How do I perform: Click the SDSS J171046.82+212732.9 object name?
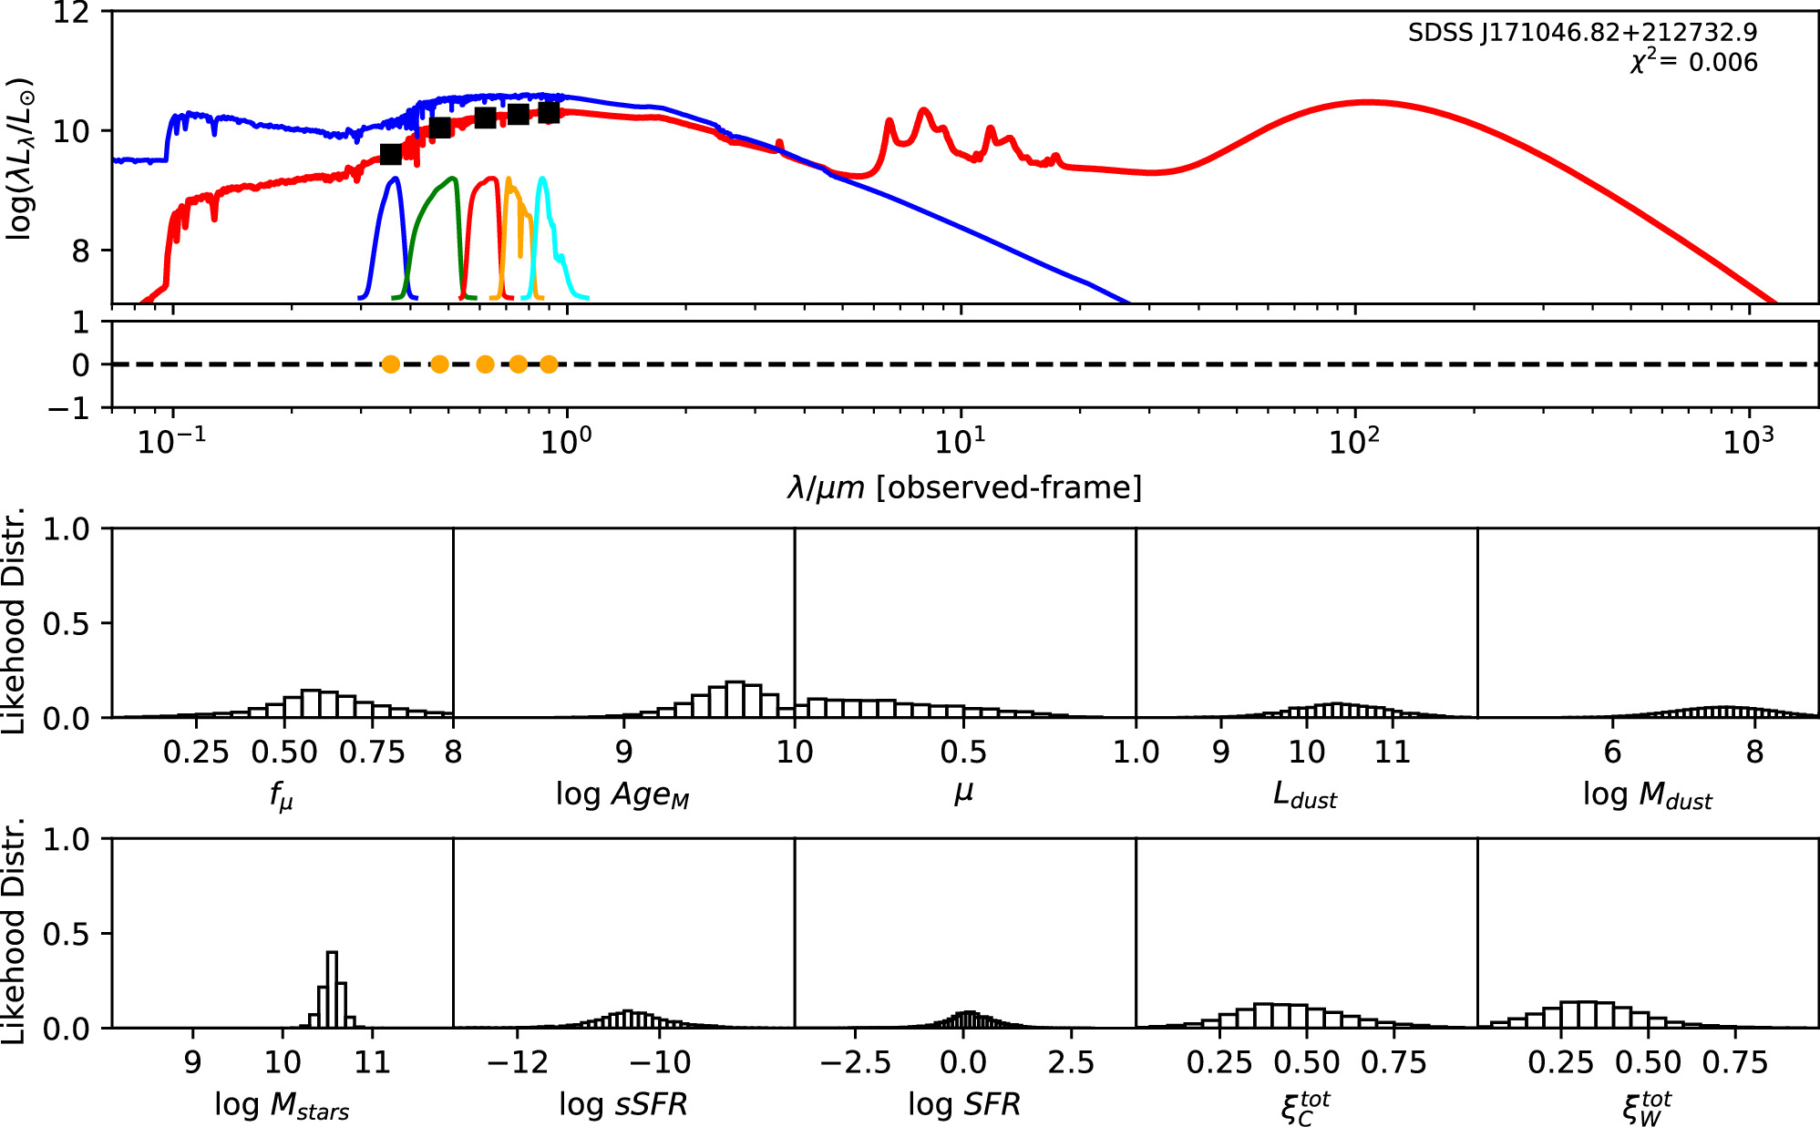1582,33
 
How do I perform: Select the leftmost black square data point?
390,154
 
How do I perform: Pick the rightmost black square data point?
548,112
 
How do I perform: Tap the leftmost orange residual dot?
390,364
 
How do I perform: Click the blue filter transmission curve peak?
395,179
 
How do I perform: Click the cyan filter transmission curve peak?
542,179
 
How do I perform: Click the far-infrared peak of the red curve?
1367,102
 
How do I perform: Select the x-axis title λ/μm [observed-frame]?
964,488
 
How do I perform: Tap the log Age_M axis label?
622,795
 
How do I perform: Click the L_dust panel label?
1304,795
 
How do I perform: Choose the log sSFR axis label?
622,1104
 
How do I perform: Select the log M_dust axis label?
1647,795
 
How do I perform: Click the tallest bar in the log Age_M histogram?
735,699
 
